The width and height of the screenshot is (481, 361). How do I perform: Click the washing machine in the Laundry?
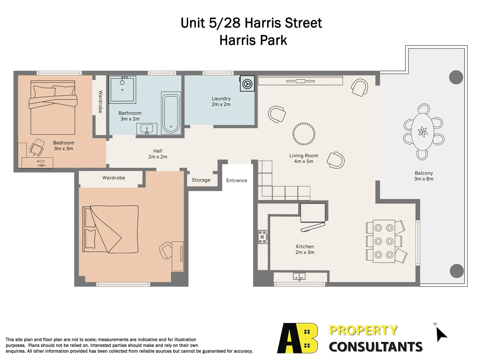[247, 84]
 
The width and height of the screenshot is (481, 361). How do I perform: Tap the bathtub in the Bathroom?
[171, 113]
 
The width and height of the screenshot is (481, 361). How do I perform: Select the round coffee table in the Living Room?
[304, 134]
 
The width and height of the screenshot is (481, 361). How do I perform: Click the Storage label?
[201, 180]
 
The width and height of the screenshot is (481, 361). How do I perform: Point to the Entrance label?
[236, 180]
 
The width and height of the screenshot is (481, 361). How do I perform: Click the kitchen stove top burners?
[263, 237]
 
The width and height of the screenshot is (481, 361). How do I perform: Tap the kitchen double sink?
[299, 276]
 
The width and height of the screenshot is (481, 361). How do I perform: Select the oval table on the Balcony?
[423, 131]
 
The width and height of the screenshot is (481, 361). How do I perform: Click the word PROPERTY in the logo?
[363, 330]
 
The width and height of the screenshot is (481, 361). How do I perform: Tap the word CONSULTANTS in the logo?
[375, 347]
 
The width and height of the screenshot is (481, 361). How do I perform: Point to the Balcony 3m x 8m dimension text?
[424, 179]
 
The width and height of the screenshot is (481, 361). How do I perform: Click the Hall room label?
[158, 151]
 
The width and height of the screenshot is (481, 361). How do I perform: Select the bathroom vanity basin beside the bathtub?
[147, 129]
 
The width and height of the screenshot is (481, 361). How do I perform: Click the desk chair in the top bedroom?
[37, 147]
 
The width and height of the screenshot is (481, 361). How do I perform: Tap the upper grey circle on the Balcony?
[456, 77]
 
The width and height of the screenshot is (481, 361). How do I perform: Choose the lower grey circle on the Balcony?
[457, 271]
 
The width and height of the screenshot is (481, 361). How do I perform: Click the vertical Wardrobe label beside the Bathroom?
[101, 102]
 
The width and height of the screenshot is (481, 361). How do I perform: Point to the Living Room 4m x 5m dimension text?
[304, 161]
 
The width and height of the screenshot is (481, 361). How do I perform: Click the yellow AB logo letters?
[297, 338]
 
